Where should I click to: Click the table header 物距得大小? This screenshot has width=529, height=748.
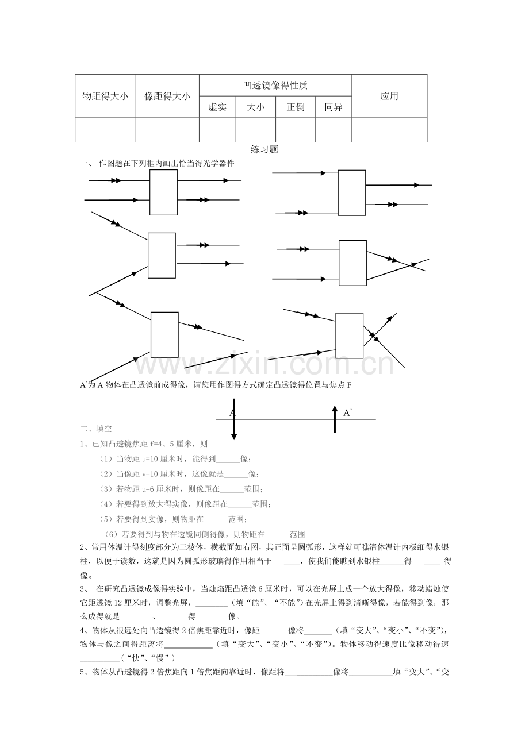pos(105,97)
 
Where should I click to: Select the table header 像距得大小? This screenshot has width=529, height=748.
pos(167,97)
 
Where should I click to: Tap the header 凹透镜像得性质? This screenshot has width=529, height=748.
pos(275,86)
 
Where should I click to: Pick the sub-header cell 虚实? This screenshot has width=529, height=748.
pos(217,107)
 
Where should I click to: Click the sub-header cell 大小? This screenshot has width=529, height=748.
pos(256,107)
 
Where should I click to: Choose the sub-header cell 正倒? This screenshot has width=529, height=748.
pos(296,107)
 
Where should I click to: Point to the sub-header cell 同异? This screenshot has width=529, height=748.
pos(333,107)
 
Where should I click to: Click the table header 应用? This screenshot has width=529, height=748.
pos(389,97)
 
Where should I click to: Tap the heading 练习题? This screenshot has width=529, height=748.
pos(264,149)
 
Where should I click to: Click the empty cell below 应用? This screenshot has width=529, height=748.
pos(389,130)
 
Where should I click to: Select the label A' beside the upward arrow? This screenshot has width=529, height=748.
pos(347,412)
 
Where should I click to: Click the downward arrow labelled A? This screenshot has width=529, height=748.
pos(233,419)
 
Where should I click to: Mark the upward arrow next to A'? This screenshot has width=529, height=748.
pos(335,418)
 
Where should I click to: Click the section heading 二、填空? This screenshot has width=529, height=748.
pos(96,429)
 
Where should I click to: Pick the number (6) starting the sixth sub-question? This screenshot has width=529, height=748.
pos(116,534)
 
